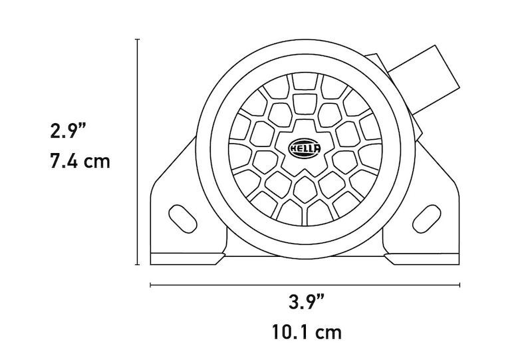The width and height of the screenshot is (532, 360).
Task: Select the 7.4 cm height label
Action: pos(80,162)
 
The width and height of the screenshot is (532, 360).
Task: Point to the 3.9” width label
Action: pos(307,301)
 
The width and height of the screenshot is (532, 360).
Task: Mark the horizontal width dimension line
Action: pos(306,285)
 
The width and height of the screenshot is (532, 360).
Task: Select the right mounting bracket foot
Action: pos(426,256)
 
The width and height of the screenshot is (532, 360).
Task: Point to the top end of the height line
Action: pos(138,40)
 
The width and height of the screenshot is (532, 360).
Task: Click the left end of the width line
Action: pos(151,285)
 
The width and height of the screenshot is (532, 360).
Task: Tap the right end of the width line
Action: pos(460,285)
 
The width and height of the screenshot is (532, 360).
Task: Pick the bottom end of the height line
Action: pos(138,264)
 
